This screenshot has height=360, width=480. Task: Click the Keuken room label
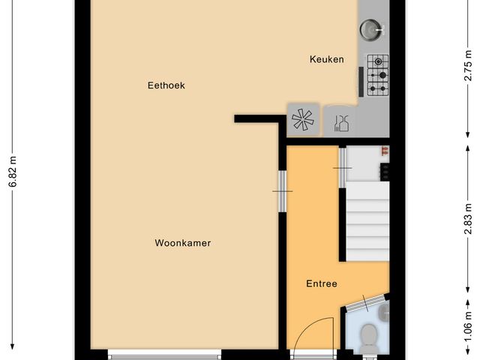click(327, 59)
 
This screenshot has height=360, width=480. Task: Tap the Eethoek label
click(166, 85)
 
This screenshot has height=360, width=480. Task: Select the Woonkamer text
click(182, 243)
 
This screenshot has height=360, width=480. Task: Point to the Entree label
click(321, 283)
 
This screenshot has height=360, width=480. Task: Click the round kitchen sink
click(371, 29)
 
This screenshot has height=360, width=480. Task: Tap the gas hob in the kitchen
click(377, 75)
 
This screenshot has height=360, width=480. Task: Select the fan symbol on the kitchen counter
click(303, 120)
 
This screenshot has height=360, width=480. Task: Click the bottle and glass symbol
click(340, 121)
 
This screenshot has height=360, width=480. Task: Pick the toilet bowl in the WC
click(368, 339)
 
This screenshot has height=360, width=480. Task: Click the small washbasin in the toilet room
click(384, 310)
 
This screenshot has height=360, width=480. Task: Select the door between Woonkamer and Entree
click(282, 190)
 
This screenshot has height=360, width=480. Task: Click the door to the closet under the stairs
click(343, 166)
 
